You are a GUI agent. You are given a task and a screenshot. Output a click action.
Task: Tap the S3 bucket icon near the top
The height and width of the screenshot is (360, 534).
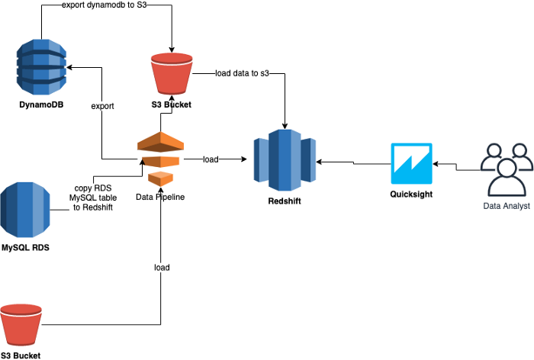pyautogui.click(x=172, y=72)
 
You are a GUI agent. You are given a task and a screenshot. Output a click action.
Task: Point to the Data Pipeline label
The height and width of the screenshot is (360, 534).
pyautogui.click(x=160, y=197)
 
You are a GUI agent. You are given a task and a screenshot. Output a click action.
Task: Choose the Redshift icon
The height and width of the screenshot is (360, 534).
pyautogui.click(x=285, y=160)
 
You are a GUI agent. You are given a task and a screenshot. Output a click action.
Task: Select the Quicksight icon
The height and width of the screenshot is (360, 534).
pyautogui.click(x=411, y=162)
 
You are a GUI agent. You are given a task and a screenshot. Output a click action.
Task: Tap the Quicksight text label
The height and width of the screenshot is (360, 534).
pyautogui.click(x=411, y=193)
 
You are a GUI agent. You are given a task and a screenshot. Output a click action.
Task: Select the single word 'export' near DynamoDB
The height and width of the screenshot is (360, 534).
pyautogui.click(x=102, y=106)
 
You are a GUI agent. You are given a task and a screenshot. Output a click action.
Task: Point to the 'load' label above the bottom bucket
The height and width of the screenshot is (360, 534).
pyautogui.click(x=162, y=268)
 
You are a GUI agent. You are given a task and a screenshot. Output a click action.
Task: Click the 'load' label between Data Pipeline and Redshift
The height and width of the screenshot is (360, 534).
pyautogui.click(x=211, y=159)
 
